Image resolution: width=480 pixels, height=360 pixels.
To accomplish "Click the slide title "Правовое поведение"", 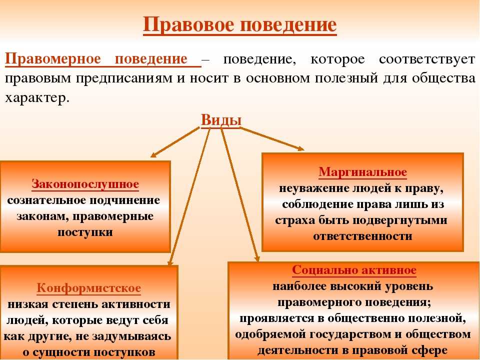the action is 239,24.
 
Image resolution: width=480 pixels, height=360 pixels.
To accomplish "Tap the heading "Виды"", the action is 221,119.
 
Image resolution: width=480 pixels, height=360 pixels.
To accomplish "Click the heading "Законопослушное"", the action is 85,184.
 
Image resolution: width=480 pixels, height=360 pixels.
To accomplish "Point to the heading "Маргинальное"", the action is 363,171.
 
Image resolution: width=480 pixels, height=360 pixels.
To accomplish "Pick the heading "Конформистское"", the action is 89,288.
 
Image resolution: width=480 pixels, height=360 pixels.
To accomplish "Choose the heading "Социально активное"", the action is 354,270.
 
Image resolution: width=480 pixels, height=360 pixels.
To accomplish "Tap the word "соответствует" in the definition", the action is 427,59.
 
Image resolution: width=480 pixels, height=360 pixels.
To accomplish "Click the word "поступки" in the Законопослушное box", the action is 85,232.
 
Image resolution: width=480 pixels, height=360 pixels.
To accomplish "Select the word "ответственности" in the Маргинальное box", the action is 363,236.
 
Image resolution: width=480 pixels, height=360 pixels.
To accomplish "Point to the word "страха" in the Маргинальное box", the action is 295,220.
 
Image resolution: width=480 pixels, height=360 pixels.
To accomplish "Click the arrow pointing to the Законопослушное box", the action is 175,142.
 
